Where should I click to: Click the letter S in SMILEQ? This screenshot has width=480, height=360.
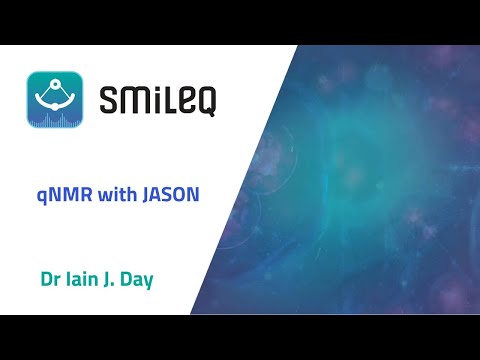pyautogui.click(x=111, y=102)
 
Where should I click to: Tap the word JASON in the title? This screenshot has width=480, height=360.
pyautogui.click(x=174, y=193)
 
